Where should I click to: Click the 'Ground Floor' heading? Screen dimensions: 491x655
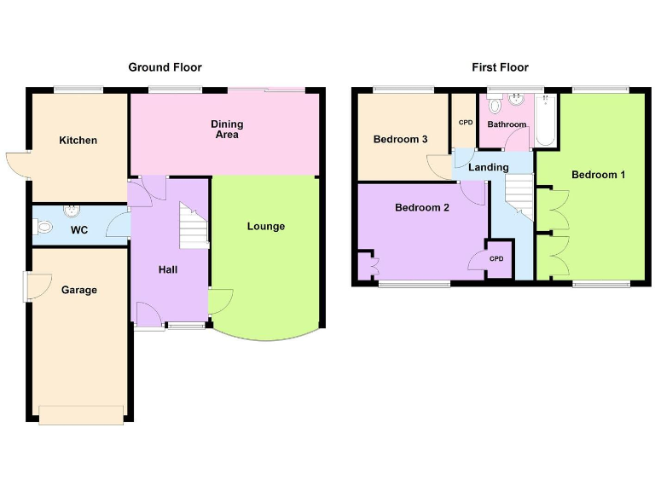point(165,67)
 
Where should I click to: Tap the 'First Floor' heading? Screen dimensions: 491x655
point(500,67)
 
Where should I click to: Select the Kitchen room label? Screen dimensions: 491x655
point(78,141)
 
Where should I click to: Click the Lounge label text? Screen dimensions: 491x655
point(266,227)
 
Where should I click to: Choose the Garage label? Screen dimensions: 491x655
point(79,291)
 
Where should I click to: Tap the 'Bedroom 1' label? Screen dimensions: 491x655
point(598,175)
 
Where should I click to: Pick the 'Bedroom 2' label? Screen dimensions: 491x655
point(421,208)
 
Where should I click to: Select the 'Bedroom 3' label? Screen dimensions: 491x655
point(400,140)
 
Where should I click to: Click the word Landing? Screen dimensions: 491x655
point(488,168)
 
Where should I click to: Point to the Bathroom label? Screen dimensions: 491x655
point(507,124)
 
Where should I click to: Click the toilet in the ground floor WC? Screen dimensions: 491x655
point(43,227)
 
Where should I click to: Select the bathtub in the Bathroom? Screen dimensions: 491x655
point(544,121)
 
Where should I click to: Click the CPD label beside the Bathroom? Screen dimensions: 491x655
point(465,123)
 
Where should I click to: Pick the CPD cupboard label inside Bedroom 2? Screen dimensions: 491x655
point(496,258)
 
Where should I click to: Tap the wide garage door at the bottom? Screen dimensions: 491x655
point(82,414)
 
